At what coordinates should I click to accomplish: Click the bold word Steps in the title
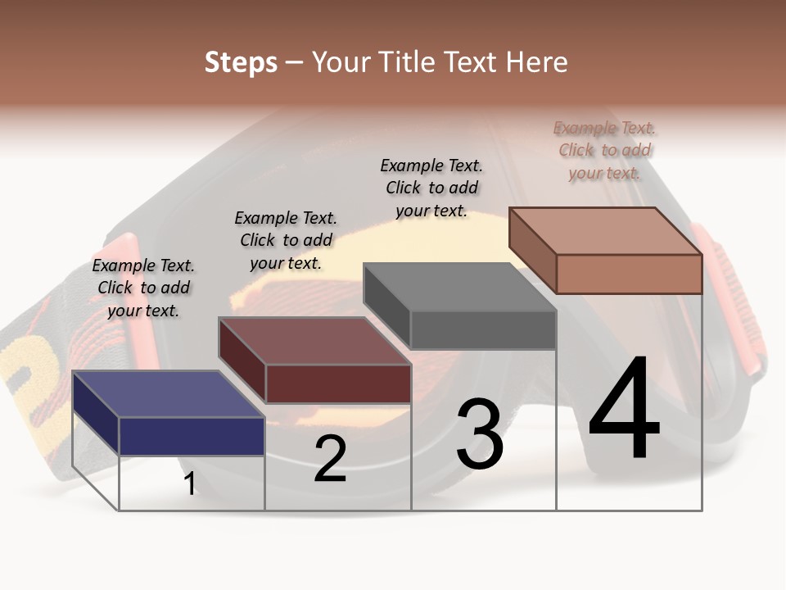coord(241,62)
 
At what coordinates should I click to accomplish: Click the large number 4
coord(624,409)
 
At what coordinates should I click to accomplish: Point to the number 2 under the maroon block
coord(330,459)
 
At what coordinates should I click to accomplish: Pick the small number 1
coord(190,483)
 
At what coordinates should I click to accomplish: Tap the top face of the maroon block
coord(315,341)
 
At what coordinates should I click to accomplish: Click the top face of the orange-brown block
coord(606,230)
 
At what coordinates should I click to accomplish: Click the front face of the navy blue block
coord(192,436)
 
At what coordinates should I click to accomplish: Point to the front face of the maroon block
coord(338,383)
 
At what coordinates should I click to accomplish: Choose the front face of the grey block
coord(483,330)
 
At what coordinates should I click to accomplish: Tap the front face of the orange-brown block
coord(629,274)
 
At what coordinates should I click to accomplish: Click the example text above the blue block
coord(143,288)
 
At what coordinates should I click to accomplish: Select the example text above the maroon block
coord(286,240)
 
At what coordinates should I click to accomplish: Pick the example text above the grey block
coord(431,188)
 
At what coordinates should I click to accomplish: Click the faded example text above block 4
coord(604,150)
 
